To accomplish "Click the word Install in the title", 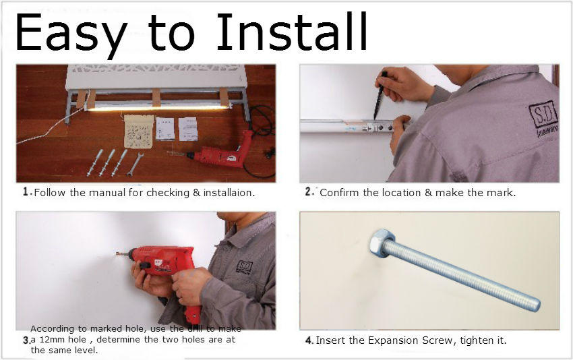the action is [292, 32].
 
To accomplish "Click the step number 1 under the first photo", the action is [26, 192].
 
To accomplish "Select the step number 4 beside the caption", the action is [309, 340].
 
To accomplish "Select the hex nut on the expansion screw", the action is [381, 243].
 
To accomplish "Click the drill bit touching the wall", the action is [123, 254].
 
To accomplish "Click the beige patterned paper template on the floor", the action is [139, 131].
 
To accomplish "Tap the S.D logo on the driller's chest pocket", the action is [245, 266].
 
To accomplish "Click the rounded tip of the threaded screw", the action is [535, 304].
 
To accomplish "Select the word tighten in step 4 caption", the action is [477, 340].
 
